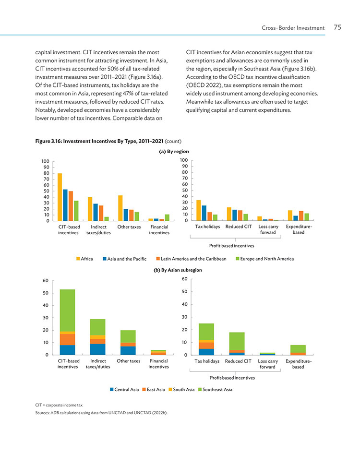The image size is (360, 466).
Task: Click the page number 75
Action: click(337, 27)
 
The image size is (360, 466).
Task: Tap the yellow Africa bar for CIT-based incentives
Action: click(60, 197)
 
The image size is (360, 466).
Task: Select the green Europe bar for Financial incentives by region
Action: click(167, 217)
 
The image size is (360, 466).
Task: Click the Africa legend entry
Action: click(85, 259)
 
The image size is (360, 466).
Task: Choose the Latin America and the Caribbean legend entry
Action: click(191, 259)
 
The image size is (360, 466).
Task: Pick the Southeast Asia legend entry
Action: click(215, 390)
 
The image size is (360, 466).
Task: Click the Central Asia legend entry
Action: click(124, 390)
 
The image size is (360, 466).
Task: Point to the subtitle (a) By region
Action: click(174, 151)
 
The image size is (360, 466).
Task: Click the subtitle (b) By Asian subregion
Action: click(178, 270)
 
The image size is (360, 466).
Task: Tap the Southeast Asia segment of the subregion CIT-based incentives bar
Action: click(68, 311)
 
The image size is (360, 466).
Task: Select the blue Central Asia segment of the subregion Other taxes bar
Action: click(128, 350)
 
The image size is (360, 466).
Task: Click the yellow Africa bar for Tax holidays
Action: click(199, 210)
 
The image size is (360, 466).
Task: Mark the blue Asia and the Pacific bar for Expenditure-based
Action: click(296, 218)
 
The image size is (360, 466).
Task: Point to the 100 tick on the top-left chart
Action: click(45, 161)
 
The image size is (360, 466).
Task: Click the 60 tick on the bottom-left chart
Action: click(46, 281)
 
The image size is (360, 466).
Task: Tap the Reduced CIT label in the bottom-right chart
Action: click(238, 361)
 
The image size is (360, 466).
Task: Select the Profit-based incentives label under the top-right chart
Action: click(231, 246)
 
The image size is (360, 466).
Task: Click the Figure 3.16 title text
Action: click(99, 141)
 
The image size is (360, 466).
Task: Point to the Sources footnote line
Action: click(101, 413)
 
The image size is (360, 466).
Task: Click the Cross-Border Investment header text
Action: click(293, 28)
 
